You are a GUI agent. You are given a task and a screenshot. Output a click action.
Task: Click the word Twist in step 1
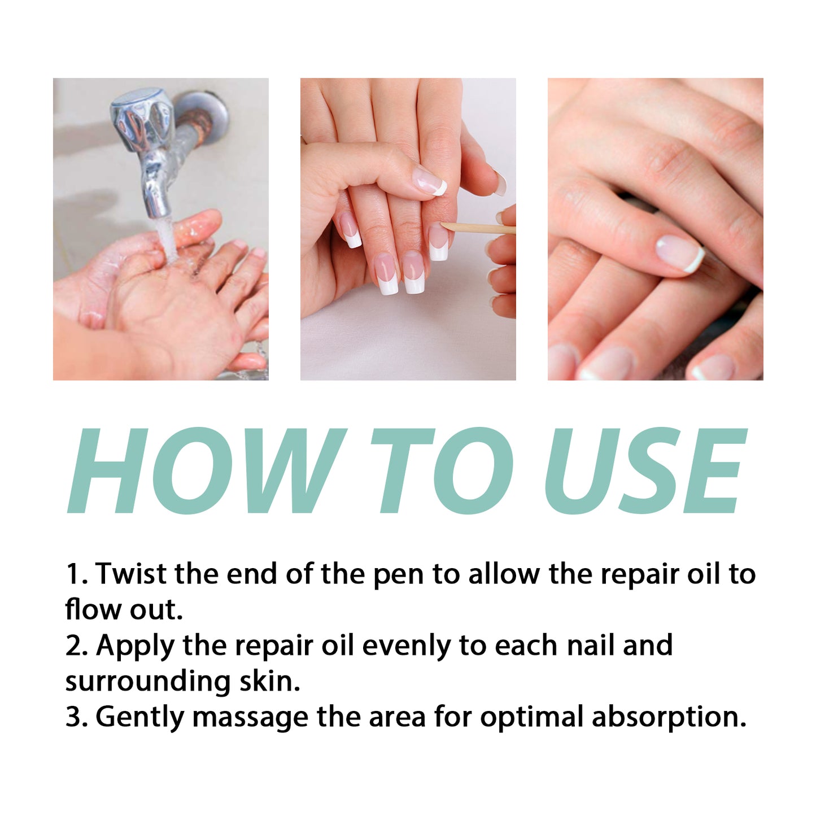click(x=131, y=574)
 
